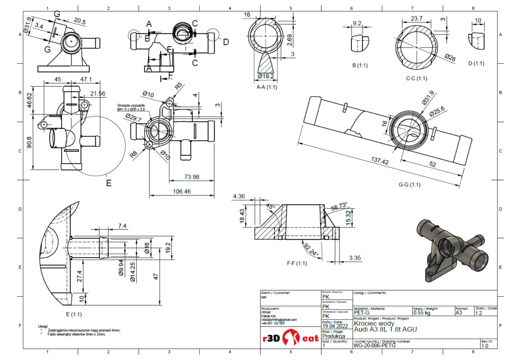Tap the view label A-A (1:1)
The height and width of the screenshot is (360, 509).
(x=267, y=87)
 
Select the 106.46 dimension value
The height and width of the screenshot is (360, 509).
(x=181, y=191)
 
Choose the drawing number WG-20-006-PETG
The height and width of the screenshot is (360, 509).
(x=374, y=345)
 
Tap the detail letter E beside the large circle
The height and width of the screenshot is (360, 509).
(x=108, y=182)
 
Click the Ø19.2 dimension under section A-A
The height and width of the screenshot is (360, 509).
(x=266, y=77)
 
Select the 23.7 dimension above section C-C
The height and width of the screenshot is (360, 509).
(x=417, y=18)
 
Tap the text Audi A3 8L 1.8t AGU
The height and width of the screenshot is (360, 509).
(x=382, y=329)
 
